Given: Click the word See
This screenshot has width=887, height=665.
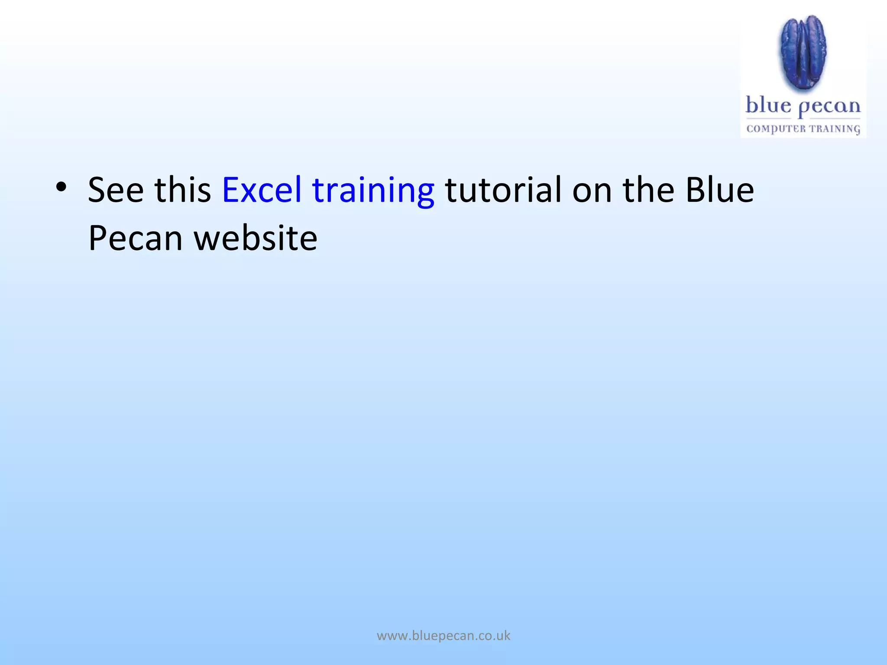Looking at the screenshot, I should [x=116, y=190].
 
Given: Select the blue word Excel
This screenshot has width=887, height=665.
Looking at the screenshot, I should [x=262, y=190].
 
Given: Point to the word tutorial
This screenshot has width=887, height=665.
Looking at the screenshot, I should [x=503, y=190].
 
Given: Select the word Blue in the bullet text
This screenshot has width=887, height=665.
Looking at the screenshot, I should [x=719, y=190].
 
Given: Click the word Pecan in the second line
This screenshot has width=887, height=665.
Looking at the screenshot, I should [x=136, y=239].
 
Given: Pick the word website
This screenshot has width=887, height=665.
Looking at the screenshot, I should [x=256, y=239].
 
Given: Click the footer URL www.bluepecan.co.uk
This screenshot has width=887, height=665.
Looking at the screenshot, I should [x=443, y=636].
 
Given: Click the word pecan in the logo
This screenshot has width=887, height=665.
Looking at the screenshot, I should [x=829, y=107].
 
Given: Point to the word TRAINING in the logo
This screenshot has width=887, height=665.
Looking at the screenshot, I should [x=835, y=129].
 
